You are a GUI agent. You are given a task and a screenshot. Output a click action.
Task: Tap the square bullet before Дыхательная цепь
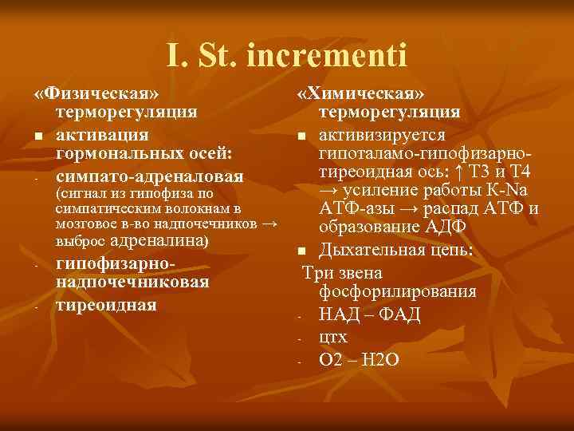tap(305, 252)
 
